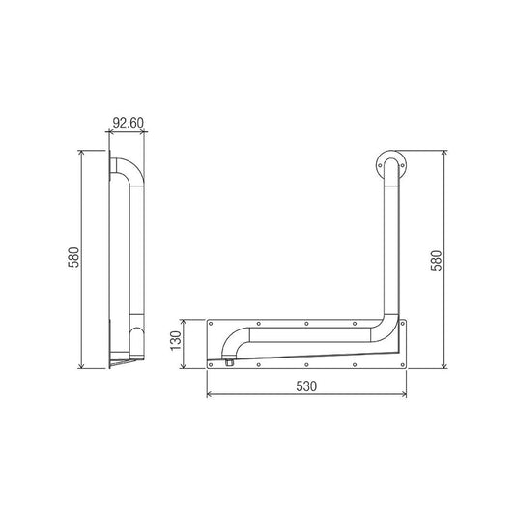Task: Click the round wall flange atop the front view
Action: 390,165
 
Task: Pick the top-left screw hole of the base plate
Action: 214,324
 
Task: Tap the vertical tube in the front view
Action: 388,251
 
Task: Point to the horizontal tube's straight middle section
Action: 309,335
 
